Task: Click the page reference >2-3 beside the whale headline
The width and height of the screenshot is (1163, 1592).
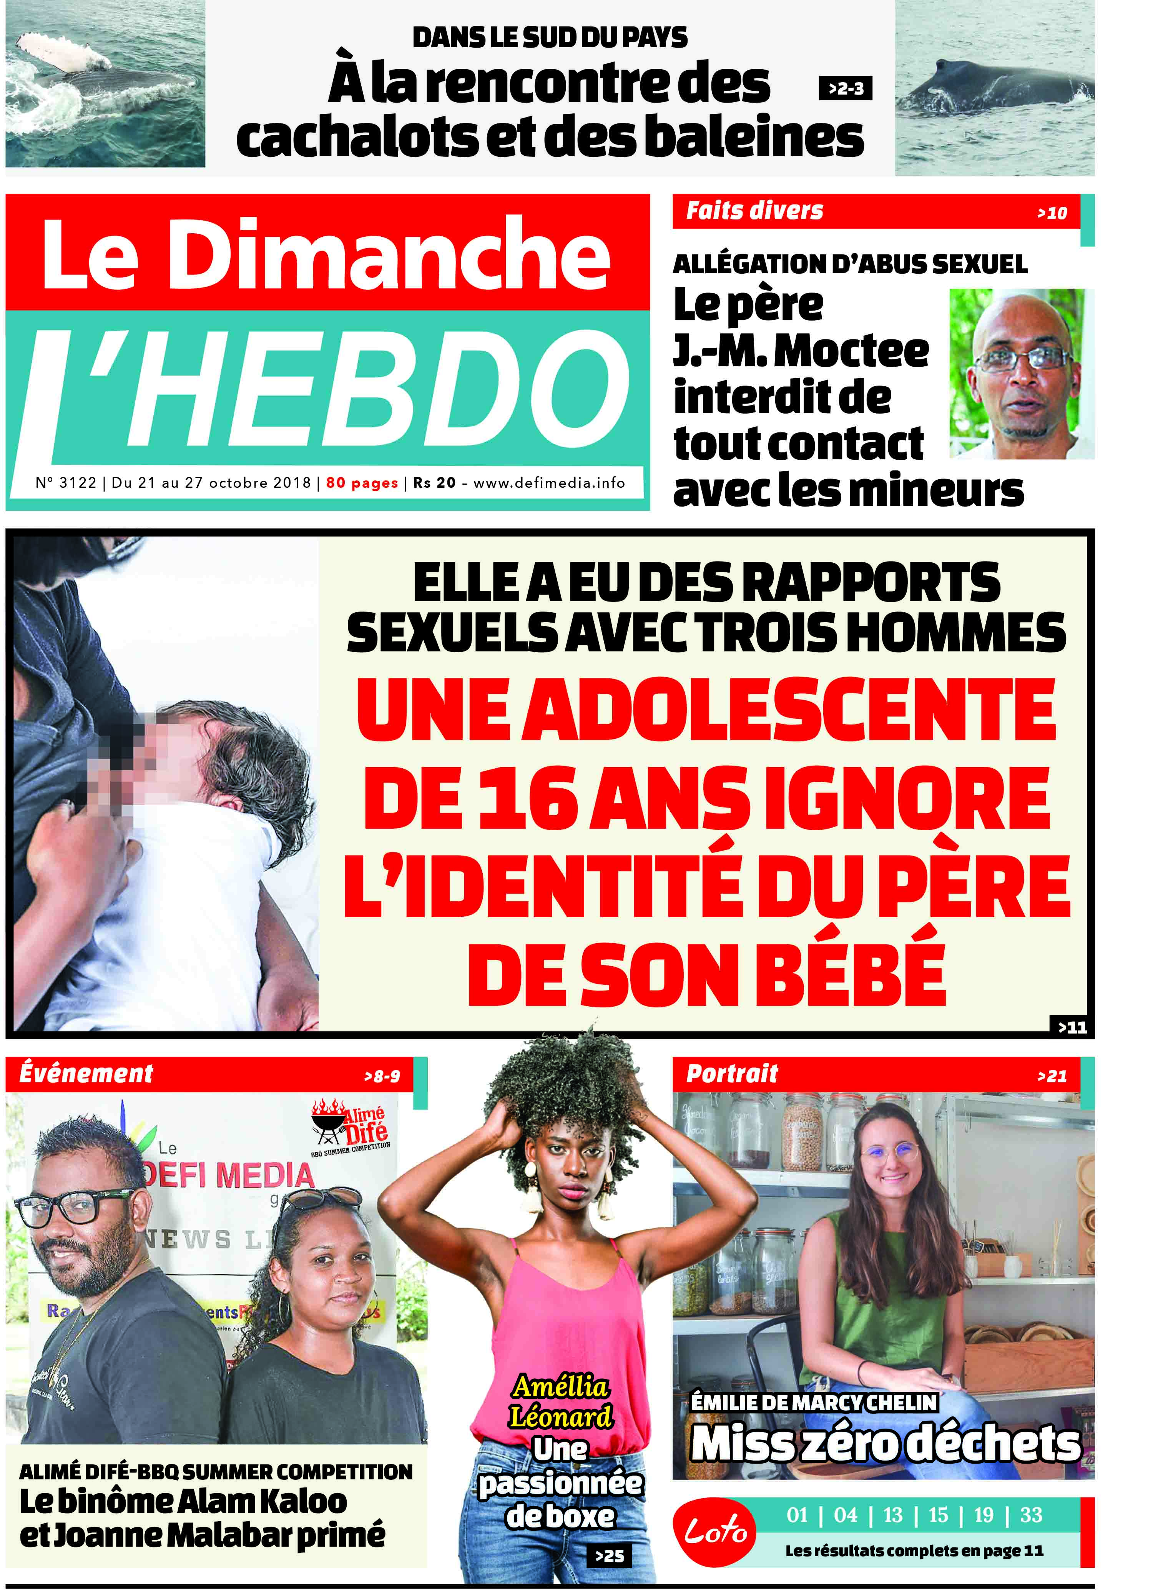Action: tap(846, 89)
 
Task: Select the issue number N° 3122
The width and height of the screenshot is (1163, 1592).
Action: tap(65, 483)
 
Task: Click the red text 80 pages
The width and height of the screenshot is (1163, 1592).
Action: tap(362, 483)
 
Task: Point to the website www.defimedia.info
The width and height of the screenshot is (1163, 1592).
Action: tap(549, 483)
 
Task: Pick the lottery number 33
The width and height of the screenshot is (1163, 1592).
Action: tap(1031, 1514)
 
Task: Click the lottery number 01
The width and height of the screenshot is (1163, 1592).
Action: tap(797, 1514)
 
